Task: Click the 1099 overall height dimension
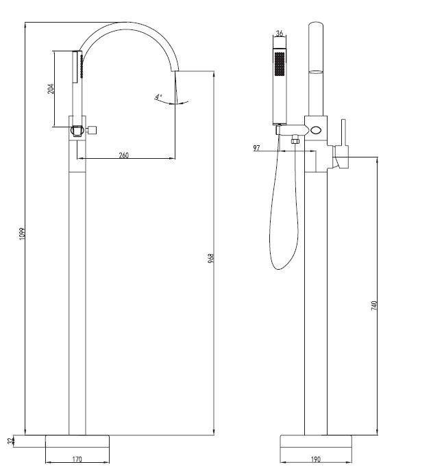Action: [x=23, y=233]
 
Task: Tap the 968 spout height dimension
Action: [x=211, y=258]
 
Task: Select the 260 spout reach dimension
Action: [x=123, y=155]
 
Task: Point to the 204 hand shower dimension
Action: [x=51, y=89]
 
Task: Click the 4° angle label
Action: [x=158, y=97]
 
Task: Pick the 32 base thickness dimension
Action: [x=11, y=441]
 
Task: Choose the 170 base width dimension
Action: [x=77, y=459]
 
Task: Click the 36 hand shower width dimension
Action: [x=280, y=33]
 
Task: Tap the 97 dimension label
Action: [x=256, y=148]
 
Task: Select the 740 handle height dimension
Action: [x=374, y=305]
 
